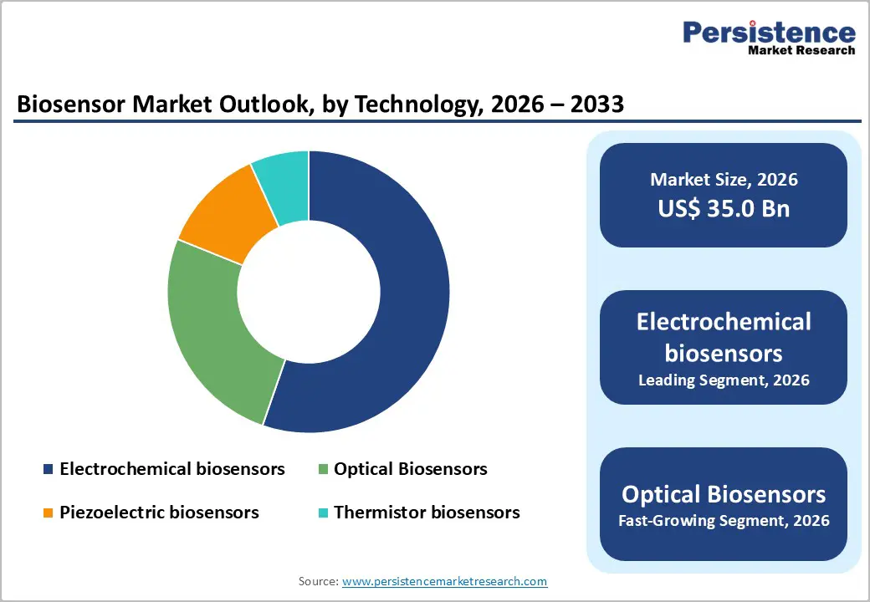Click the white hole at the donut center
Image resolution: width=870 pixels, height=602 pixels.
point(308,292)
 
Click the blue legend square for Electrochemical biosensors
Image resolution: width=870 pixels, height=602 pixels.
point(48,470)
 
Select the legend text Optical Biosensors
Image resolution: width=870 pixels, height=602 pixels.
point(410,469)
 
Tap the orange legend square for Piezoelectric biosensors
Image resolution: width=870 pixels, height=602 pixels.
point(48,513)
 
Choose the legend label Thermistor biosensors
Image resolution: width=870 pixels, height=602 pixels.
point(427,513)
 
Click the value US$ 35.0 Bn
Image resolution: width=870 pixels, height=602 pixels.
point(724,208)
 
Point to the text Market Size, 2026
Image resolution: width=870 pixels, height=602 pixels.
point(724,179)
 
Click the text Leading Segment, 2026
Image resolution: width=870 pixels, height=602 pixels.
point(724,380)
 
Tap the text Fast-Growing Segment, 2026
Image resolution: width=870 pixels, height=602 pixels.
point(724,520)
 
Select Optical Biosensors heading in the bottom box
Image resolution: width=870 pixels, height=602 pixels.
point(724,493)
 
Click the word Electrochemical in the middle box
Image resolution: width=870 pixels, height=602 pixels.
point(724,322)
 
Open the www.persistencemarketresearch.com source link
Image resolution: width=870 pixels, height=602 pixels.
point(444,580)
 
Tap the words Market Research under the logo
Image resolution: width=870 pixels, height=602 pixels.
point(801,50)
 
